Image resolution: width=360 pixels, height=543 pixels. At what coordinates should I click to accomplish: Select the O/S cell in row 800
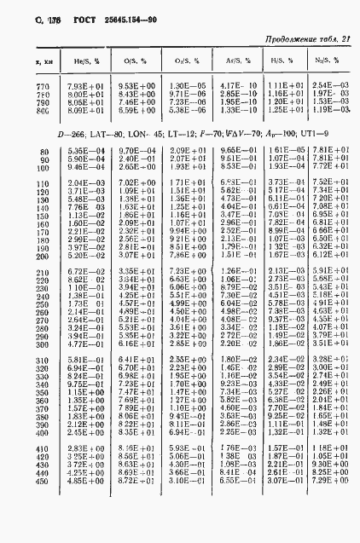click(x=136, y=110)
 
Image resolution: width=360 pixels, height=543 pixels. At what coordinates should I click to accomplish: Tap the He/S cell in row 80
click(x=84, y=150)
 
